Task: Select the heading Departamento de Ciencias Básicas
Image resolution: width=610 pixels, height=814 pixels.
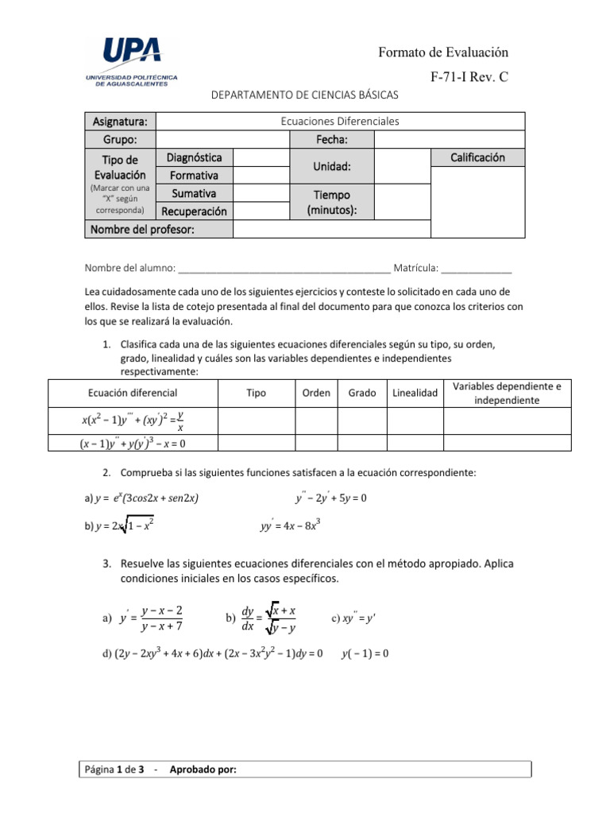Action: click(304, 95)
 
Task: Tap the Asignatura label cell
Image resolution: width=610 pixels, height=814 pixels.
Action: click(120, 122)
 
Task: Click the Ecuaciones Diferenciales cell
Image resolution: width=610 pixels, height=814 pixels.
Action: click(340, 122)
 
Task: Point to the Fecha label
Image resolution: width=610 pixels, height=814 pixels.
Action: click(332, 140)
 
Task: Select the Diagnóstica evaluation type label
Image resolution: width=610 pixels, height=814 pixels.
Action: click(194, 157)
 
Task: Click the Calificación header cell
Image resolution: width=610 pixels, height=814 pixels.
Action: click(477, 157)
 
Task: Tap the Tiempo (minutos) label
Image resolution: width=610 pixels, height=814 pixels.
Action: click(332, 202)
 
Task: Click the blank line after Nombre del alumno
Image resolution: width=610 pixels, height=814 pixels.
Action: click(285, 268)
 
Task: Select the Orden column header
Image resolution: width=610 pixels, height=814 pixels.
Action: click(316, 393)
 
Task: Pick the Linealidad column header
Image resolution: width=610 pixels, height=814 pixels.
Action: click(415, 393)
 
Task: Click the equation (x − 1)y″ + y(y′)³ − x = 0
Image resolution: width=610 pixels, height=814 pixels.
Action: click(137, 444)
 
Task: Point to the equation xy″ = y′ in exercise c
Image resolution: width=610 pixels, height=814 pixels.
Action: click(363, 618)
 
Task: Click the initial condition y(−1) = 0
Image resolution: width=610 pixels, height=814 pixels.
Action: click(365, 653)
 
